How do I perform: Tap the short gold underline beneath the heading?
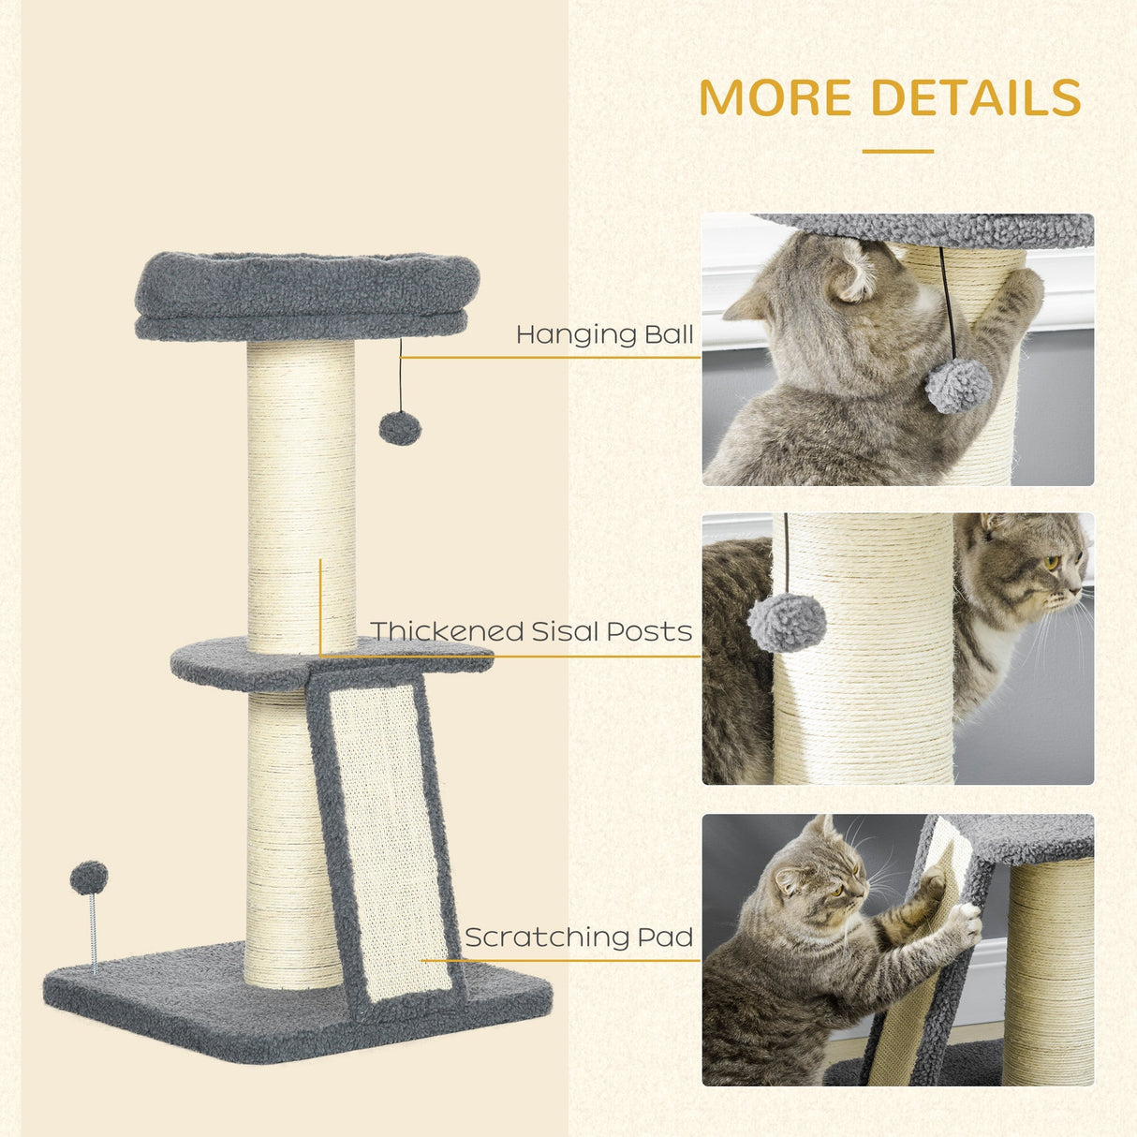tap(897, 151)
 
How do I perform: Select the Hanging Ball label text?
tap(604, 334)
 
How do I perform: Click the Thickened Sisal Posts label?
tap(531, 631)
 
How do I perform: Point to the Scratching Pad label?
tap(579, 937)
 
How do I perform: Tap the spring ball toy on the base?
tap(89, 879)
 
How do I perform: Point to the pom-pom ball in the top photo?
tap(958, 386)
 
